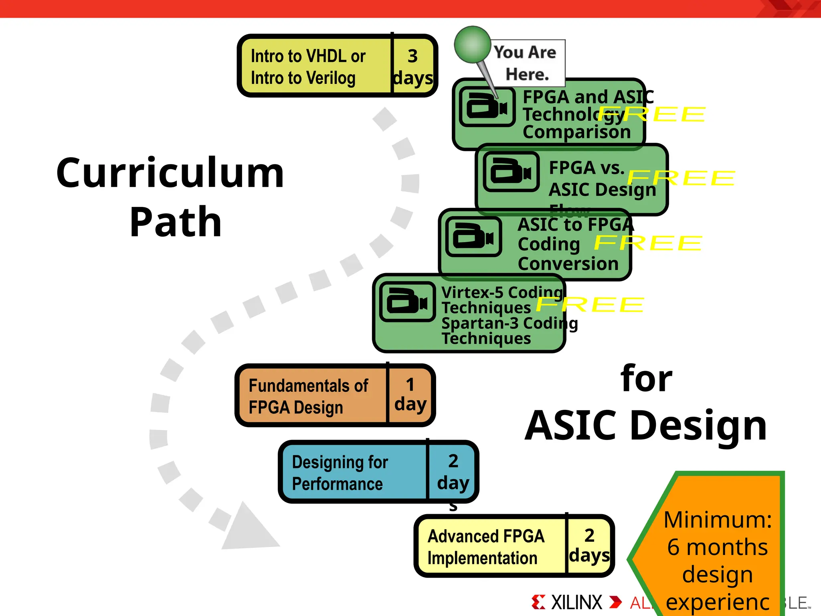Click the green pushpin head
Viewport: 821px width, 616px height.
[x=473, y=45]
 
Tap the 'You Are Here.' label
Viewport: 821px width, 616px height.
[x=526, y=63]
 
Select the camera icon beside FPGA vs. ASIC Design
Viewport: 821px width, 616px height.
[x=511, y=171]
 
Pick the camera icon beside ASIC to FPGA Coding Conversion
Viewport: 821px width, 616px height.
[x=473, y=236]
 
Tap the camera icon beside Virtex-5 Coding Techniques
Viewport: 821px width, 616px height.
[x=407, y=301]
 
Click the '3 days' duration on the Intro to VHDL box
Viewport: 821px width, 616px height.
[x=413, y=67]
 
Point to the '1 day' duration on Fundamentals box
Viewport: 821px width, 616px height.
[x=410, y=395]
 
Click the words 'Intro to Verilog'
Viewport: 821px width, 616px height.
[x=303, y=78]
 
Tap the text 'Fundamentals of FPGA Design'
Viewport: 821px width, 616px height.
[x=308, y=396]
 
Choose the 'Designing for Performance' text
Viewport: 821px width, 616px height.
[x=340, y=472]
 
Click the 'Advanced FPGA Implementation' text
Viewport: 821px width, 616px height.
[x=485, y=547]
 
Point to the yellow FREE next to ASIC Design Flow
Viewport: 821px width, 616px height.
[x=681, y=178]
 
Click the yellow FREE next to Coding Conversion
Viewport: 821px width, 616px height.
[x=648, y=243]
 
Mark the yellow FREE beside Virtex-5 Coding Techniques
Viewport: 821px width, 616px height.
[x=590, y=304]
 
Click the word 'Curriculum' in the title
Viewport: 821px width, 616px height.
[x=170, y=173]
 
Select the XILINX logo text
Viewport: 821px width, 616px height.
[x=576, y=602]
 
